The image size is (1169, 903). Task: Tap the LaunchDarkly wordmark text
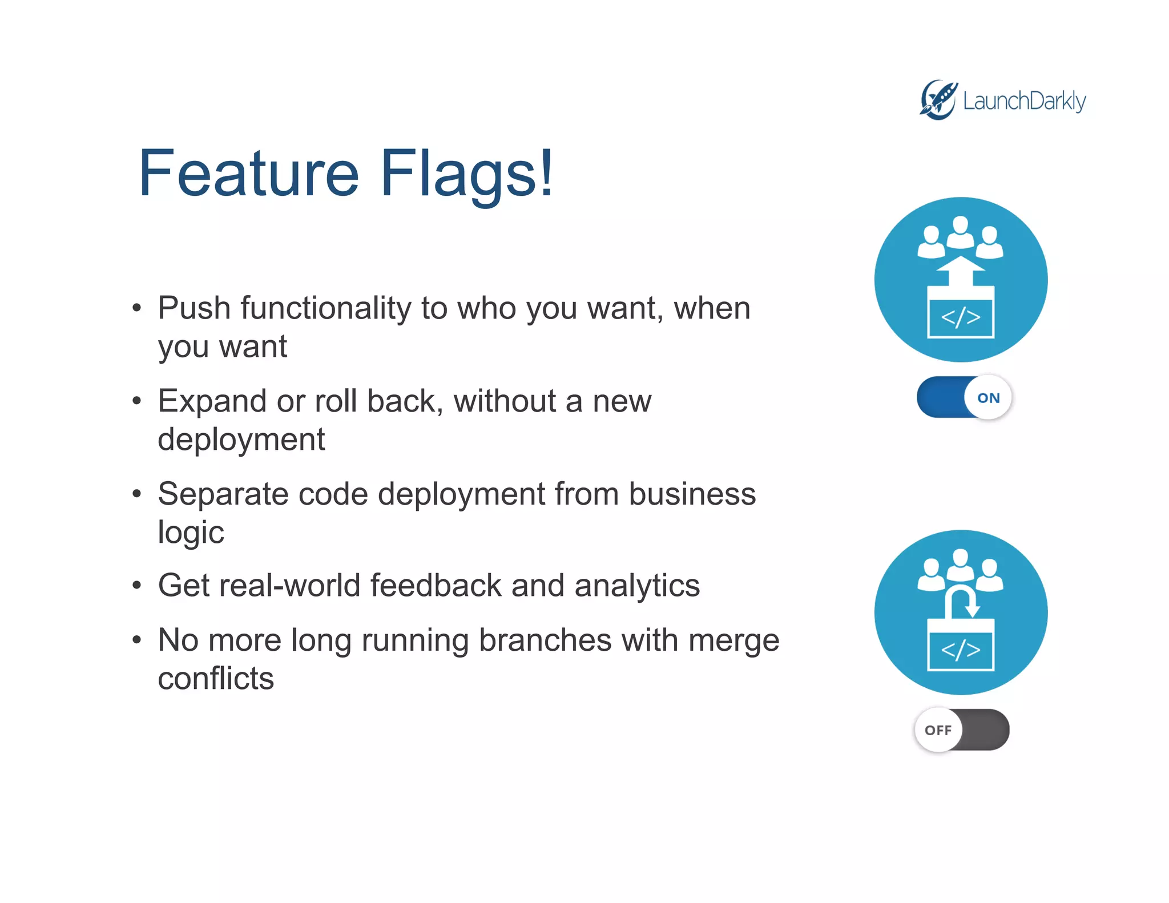pyautogui.click(x=1024, y=102)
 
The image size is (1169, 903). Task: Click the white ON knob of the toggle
pyautogui.click(x=988, y=398)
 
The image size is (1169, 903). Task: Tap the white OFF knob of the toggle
pyautogui.click(x=938, y=730)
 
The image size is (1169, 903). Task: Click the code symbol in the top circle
pyautogui.click(x=961, y=317)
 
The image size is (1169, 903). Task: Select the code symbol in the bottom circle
pyautogui.click(x=961, y=650)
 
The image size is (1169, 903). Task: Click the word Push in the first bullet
pyautogui.click(x=194, y=308)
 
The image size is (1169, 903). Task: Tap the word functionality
pyautogui.click(x=325, y=308)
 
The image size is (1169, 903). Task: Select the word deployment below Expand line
pyautogui.click(x=241, y=440)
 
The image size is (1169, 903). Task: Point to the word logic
pyautogui.click(x=191, y=533)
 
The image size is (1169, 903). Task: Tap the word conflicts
pyautogui.click(x=216, y=679)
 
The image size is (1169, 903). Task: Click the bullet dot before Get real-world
pyautogui.click(x=136, y=586)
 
